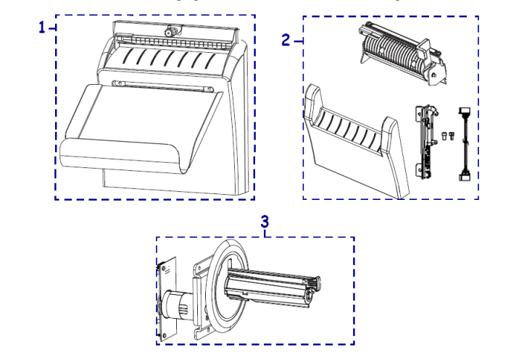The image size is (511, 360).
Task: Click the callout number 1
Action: point(42,27)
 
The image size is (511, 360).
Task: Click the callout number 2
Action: point(286,40)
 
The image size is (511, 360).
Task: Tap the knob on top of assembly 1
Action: point(170,31)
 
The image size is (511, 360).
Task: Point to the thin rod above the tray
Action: point(162,86)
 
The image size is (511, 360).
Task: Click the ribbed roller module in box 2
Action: point(402,54)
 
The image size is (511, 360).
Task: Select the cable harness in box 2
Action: point(465,144)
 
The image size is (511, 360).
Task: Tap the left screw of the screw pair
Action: point(444,136)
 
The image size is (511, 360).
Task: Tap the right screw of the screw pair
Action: point(452,136)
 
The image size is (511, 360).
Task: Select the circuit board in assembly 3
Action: point(167,299)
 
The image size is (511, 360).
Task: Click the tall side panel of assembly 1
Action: point(240,120)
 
